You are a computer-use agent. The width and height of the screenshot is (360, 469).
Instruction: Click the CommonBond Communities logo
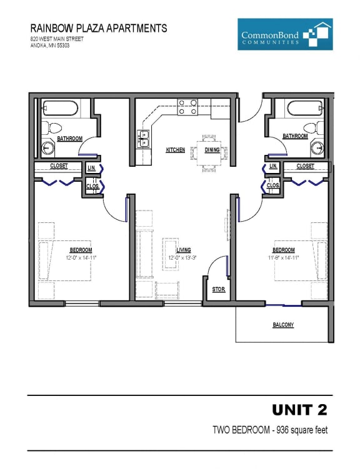coord(285,34)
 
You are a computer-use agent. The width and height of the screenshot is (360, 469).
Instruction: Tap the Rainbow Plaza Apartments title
coord(99,28)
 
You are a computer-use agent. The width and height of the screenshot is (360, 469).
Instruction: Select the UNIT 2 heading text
coord(299,410)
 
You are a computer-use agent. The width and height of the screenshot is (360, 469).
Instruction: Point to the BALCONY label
coord(283,325)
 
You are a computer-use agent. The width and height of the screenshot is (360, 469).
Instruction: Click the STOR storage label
coord(218,289)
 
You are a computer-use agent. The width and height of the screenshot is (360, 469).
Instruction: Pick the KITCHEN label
coord(175,150)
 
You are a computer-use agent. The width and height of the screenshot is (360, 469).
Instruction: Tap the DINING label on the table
coord(212,150)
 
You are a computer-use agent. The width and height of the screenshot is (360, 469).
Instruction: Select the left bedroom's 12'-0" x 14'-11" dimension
coord(81,257)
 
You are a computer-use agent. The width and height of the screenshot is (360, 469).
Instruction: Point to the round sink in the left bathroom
coord(47,148)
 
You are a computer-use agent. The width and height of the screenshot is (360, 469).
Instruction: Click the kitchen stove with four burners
coord(187,107)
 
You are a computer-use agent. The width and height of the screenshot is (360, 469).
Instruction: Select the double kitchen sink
coord(144,138)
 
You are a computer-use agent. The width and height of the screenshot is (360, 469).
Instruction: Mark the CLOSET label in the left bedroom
coord(59,166)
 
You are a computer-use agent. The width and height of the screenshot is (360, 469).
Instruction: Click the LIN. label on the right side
coord(273,167)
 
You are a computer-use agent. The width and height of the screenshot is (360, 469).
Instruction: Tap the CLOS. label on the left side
coord(92,185)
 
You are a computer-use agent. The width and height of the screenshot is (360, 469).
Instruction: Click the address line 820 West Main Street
coord(56,39)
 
